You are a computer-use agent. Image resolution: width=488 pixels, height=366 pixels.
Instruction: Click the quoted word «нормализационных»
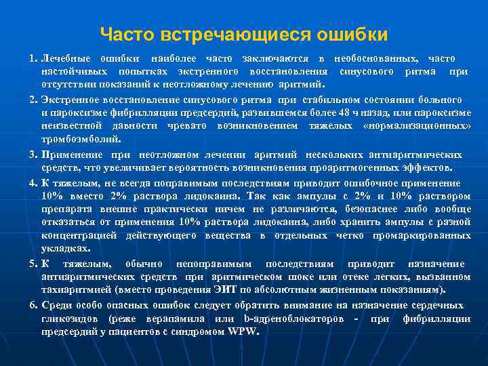(x=418, y=126)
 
